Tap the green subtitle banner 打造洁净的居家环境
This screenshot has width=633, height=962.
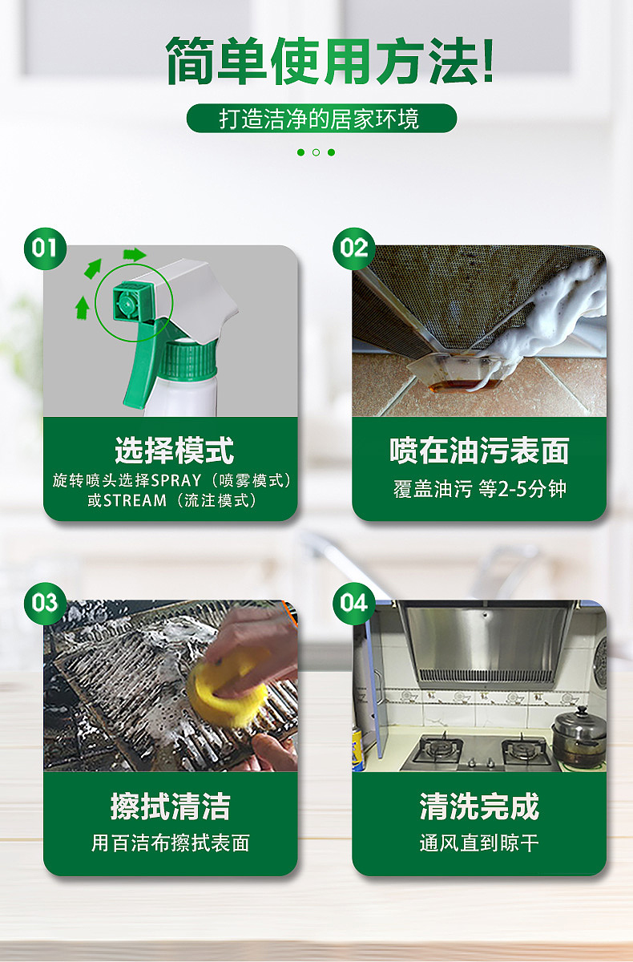321,119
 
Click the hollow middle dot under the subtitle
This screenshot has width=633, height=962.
316,152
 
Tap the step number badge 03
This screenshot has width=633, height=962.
46,603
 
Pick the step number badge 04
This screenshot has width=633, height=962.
353,603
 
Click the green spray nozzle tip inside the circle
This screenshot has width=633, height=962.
126,301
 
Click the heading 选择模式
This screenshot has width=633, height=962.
173,450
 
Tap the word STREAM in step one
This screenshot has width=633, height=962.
133,501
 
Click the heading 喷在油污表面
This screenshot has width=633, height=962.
479,451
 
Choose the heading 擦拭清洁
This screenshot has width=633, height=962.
170,806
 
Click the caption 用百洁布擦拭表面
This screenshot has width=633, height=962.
170,843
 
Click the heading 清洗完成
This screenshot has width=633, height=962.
479,806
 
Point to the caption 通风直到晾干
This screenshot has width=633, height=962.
479,843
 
